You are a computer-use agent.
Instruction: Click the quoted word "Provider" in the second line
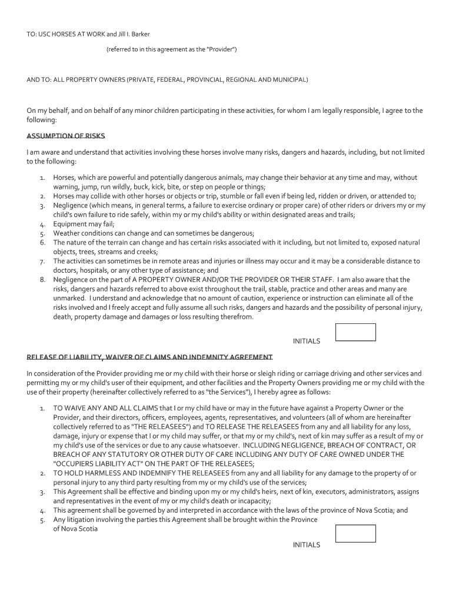[221, 49]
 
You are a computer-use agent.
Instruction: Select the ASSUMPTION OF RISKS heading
[66, 136]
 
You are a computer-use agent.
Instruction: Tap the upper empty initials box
[355, 332]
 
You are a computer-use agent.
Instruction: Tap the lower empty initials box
[355, 533]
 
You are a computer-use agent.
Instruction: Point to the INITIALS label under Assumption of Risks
[307, 341]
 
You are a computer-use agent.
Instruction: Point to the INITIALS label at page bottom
[307, 545]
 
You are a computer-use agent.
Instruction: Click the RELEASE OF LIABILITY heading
[149, 357]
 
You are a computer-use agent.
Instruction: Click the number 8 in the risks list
[43, 280]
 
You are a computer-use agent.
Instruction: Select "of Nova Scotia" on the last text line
[75, 529]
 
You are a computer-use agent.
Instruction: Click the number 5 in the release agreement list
[43, 520]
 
